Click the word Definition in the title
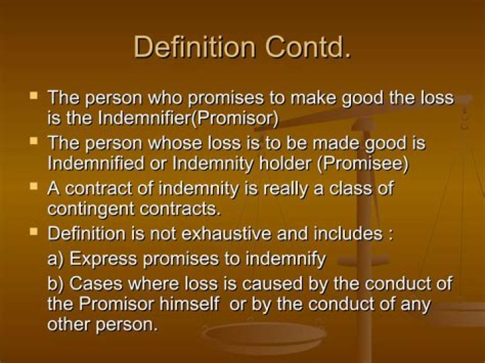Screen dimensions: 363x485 pyautogui.click(x=194, y=47)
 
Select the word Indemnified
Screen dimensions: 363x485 pyautogui.click(x=91, y=164)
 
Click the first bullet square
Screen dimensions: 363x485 pyautogui.click(x=34, y=96)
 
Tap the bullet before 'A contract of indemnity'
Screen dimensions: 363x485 pyautogui.click(x=34, y=187)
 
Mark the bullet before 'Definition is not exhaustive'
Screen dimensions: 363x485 pyautogui.click(x=34, y=232)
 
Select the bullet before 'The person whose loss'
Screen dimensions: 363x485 pyautogui.click(x=34, y=141)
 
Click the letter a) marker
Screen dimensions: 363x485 pyautogui.click(x=55, y=259)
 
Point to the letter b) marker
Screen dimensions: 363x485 pyautogui.click(x=55, y=282)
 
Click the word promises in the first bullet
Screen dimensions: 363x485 pyautogui.click(x=219, y=98)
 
